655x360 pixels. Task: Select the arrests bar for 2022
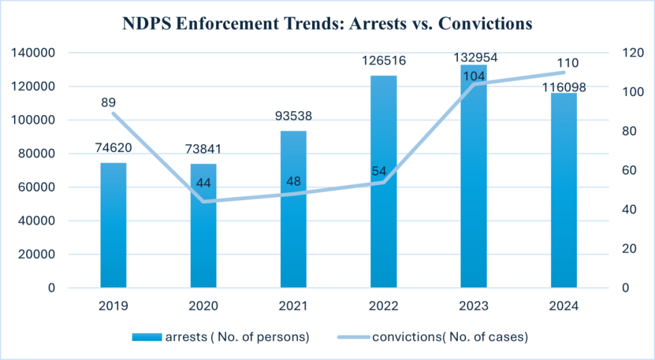pos(384,182)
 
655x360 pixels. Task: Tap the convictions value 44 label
pos(203,183)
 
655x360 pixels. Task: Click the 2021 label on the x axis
pos(294,306)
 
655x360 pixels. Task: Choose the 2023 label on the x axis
pos(473,306)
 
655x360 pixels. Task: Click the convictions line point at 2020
pos(203,201)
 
